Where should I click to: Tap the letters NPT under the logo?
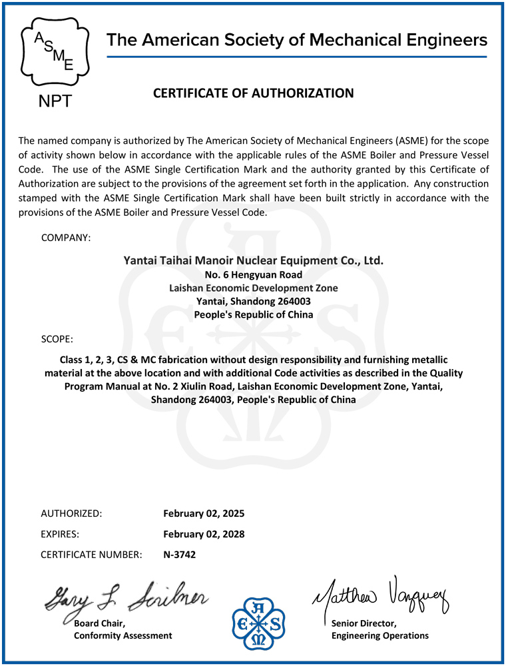pyautogui.click(x=52, y=101)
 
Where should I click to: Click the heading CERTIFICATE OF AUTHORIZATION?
pyautogui.click(x=254, y=93)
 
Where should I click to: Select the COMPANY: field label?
pyautogui.click(x=66, y=237)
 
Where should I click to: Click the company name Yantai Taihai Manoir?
pyautogui.click(x=254, y=260)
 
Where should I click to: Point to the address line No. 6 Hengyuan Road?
pyautogui.click(x=254, y=274)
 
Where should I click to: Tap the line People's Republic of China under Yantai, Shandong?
pyautogui.click(x=254, y=314)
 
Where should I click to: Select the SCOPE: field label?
pyautogui.click(x=57, y=339)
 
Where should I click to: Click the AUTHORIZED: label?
pyautogui.click(x=71, y=513)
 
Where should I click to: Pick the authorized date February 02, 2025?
pyautogui.click(x=204, y=513)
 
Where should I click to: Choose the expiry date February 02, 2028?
pyautogui.click(x=204, y=534)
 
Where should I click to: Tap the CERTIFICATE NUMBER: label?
pyautogui.click(x=91, y=554)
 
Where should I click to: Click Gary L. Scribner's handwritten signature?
pyautogui.click(x=126, y=596)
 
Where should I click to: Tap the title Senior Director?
pyautogui.click(x=364, y=623)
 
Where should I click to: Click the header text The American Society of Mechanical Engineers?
pyautogui.click(x=297, y=40)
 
